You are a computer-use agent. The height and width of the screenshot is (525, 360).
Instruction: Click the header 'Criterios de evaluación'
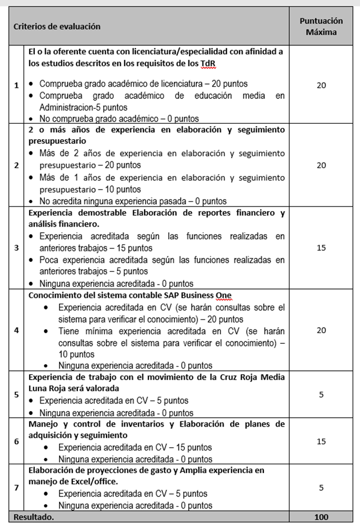57,26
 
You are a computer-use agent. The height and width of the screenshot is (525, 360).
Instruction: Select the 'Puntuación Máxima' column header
321,26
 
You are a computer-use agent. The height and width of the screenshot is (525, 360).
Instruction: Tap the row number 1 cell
16,85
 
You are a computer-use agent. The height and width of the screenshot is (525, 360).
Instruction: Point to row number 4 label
16,330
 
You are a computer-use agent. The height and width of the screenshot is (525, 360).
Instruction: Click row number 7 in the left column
16,487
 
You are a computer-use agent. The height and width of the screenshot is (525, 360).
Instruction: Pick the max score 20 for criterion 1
321,85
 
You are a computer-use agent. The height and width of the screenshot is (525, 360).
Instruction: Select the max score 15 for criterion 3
321,248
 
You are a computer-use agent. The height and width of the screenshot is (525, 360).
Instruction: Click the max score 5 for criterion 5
321,395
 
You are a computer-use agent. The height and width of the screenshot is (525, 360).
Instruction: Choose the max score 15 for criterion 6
321,441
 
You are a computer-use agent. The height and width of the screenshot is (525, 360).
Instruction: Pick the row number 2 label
16,165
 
